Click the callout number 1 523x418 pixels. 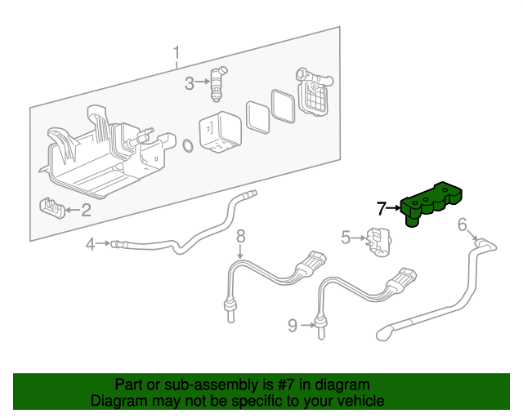(x=177, y=55)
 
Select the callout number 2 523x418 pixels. (x=85, y=210)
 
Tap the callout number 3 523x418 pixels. (x=189, y=82)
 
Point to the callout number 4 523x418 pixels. (x=92, y=242)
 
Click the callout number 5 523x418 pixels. (x=346, y=238)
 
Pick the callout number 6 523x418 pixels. (x=463, y=224)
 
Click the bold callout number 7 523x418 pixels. (x=382, y=208)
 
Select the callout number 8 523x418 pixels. (x=241, y=236)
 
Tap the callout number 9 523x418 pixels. (x=293, y=326)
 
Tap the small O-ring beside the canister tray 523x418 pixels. (x=187, y=147)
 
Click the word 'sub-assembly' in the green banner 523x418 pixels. (x=205, y=385)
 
